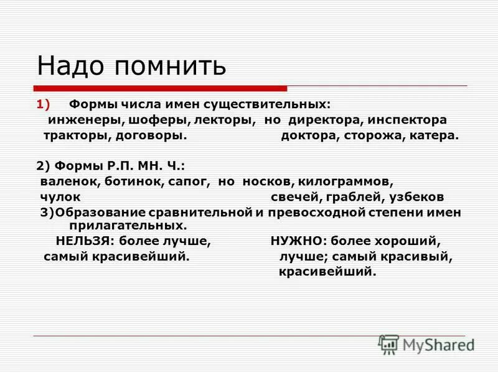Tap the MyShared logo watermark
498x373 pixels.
pyautogui.click(x=426, y=344)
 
